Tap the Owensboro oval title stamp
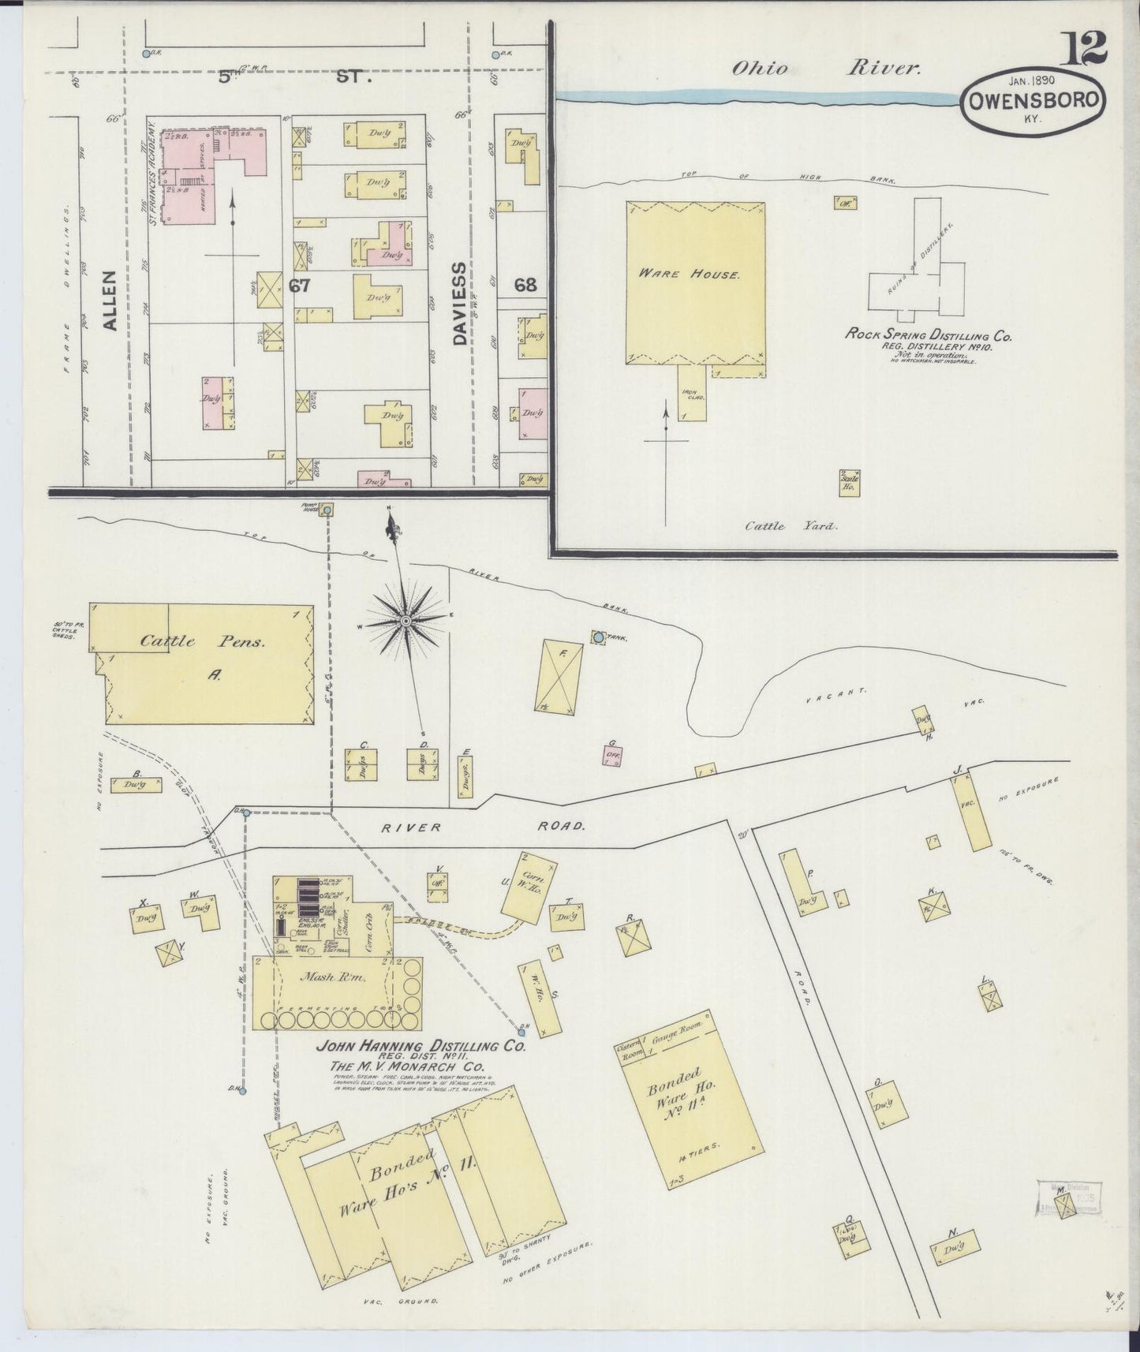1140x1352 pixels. [1033, 100]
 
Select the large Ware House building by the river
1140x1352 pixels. [694, 282]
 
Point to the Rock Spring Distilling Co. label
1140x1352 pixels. [929, 335]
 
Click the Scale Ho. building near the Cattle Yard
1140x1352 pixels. [850, 482]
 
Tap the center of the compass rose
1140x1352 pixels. [406, 621]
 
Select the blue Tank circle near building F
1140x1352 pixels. [598, 636]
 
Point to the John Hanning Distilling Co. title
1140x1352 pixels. [420, 1047]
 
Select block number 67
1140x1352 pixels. [299, 286]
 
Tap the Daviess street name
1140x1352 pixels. [461, 304]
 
